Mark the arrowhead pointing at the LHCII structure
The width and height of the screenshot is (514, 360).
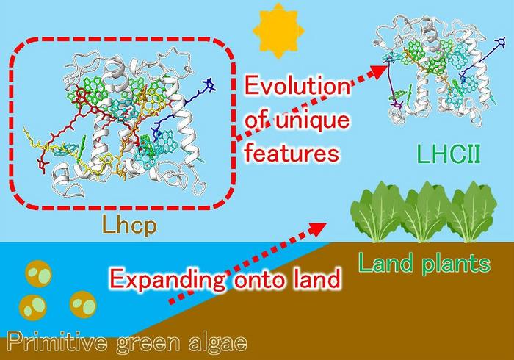pyautogui.click(x=379, y=70)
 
